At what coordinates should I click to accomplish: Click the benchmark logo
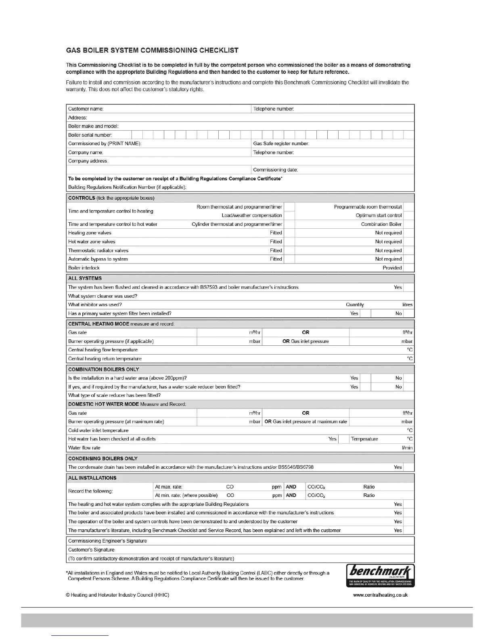(380, 575)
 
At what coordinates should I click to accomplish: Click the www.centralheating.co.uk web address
(380, 595)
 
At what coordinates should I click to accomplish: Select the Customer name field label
(86, 109)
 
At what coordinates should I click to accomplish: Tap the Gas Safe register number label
(281, 144)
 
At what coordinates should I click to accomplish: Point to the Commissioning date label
(275, 170)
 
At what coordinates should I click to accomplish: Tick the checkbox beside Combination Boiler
(408, 224)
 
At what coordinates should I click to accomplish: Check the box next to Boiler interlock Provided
(408, 268)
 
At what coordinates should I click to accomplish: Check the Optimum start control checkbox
(408, 215)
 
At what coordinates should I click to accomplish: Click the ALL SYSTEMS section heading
(85, 278)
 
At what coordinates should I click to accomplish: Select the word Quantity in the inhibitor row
(355, 305)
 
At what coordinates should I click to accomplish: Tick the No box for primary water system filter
(408, 313)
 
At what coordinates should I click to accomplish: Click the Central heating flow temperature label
(103, 350)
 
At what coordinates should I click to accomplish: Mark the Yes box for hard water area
(365, 378)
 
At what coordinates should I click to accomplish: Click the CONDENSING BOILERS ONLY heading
(103, 459)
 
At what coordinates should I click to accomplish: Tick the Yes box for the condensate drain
(408, 467)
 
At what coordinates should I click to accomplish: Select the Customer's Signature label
(91, 550)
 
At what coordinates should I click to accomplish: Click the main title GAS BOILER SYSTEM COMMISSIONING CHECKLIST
(152, 50)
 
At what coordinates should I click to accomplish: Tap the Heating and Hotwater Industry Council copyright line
(117, 595)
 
